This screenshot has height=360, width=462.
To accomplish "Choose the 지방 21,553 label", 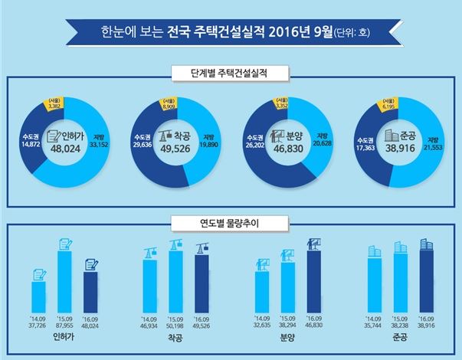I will (434, 146).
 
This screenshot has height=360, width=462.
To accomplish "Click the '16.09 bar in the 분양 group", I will (313, 277).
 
